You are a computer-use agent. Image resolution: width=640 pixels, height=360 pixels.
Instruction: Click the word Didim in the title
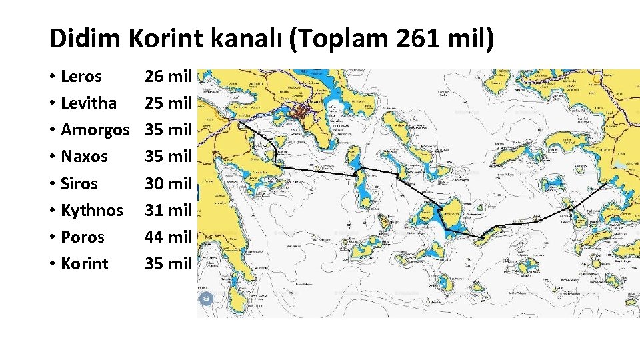pyautogui.click(x=85, y=39)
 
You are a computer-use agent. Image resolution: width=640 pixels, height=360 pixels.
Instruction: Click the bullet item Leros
pyautogui.click(x=81, y=77)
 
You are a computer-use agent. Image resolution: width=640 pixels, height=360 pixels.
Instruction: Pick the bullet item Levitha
pyautogui.click(x=88, y=103)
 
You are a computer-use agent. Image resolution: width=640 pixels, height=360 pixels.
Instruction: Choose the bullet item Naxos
pyautogui.click(x=84, y=157)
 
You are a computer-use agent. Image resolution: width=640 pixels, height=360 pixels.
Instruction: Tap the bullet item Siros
pyautogui.click(x=79, y=183)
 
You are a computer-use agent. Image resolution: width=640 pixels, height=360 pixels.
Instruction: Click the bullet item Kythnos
pyautogui.click(x=91, y=210)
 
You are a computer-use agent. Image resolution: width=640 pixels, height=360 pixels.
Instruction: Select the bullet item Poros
pyautogui.click(x=82, y=237)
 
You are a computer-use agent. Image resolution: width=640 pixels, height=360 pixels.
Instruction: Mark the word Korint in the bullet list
pyautogui.click(x=84, y=263)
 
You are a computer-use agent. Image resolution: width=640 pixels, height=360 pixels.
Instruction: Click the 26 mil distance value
pyautogui.click(x=168, y=77)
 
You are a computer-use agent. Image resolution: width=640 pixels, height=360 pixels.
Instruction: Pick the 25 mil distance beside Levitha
pyautogui.click(x=168, y=103)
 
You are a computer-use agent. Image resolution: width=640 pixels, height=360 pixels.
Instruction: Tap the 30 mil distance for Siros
pyautogui.click(x=168, y=183)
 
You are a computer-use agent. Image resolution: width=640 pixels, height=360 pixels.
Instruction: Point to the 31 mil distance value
pyautogui.click(x=168, y=210)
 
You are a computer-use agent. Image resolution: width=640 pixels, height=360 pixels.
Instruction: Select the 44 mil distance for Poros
pyautogui.click(x=168, y=237)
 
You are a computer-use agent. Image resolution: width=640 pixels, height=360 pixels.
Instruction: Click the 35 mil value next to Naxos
pyautogui.click(x=168, y=157)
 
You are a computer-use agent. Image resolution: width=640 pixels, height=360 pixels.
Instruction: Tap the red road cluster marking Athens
pyautogui.click(x=305, y=111)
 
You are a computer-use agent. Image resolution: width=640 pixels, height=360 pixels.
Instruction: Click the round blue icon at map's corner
pyautogui.click(x=207, y=299)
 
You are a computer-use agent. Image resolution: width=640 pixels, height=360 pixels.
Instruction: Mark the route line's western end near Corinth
pyautogui.click(x=237, y=122)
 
